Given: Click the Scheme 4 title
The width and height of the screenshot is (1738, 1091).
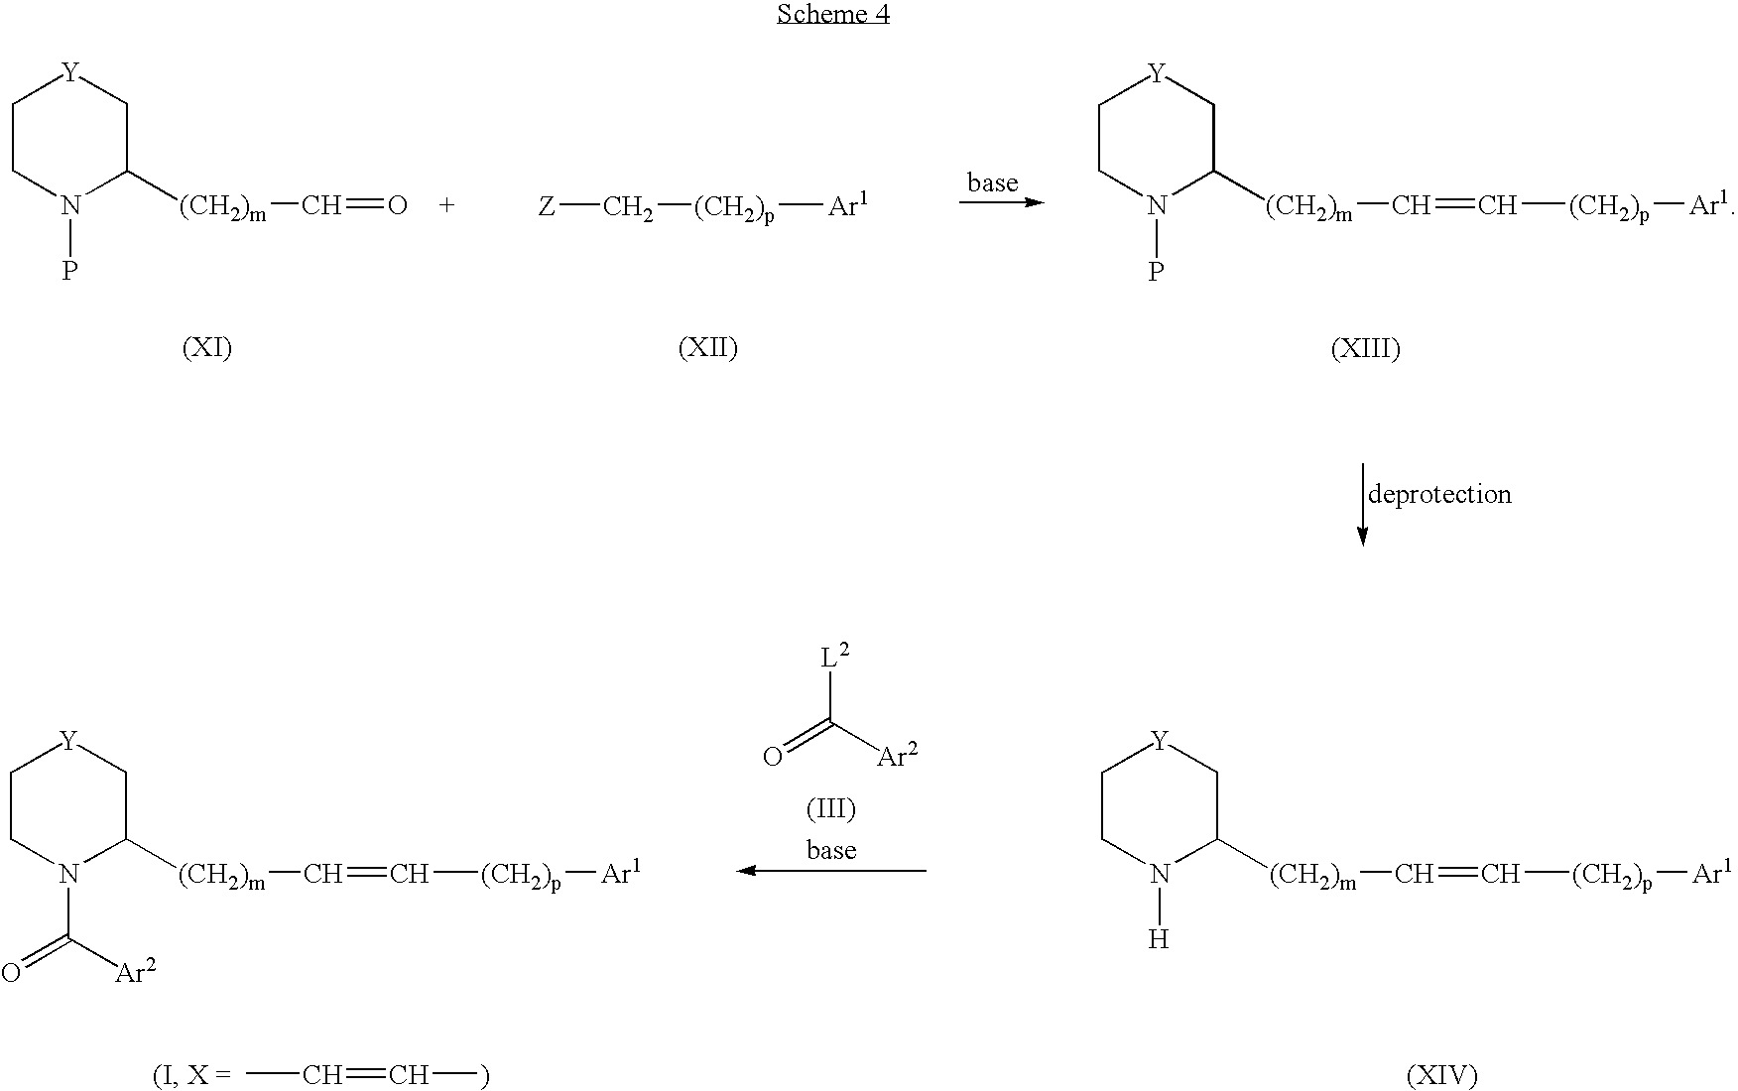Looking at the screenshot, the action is [832, 14].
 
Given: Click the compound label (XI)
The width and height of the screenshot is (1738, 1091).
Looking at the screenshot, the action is [207, 347].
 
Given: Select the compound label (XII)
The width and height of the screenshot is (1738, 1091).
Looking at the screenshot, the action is [707, 347].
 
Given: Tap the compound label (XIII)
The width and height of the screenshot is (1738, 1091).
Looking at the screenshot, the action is [1365, 348].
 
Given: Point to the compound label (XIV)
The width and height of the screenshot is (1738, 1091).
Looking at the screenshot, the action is [1441, 1074].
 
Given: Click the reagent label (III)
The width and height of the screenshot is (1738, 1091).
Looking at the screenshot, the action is [830, 809].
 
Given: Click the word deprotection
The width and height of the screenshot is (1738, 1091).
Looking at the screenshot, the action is [1439, 494].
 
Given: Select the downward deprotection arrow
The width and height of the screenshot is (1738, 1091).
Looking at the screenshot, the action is [1362, 504].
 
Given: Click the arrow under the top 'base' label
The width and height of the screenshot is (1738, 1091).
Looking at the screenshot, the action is [1002, 203].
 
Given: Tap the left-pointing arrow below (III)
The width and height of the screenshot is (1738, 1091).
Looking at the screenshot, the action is [831, 871].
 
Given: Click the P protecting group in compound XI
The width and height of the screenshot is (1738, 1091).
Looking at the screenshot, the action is [69, 271].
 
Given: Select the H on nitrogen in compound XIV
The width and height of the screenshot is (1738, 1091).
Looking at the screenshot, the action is [1158, 939].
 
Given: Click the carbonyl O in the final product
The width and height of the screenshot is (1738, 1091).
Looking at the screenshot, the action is [11, 972].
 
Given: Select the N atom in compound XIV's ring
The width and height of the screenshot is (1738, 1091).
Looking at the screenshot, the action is [1159, 875].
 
